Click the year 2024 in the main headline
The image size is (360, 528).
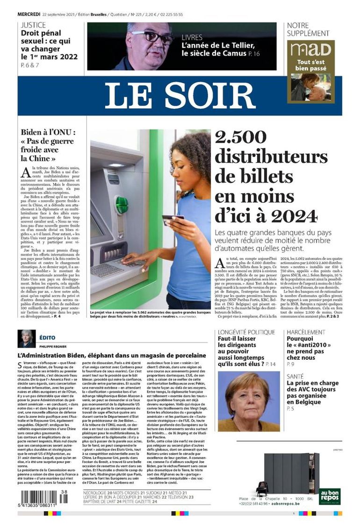296,215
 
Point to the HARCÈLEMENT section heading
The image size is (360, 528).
306,332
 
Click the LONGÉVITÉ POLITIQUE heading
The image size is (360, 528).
246,332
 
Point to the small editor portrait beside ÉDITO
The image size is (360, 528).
27,339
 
